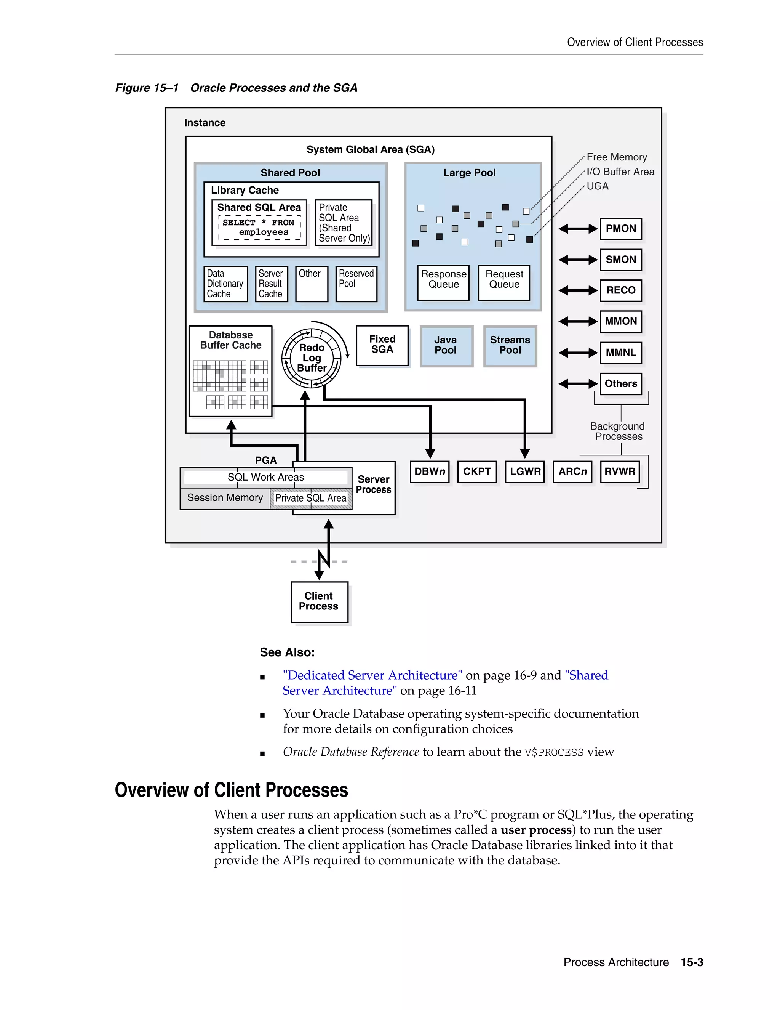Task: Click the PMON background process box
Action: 620,228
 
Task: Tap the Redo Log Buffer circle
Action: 312,358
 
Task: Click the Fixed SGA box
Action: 382,345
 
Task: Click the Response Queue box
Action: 443,282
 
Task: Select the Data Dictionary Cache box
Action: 225,284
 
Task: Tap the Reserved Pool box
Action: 356,283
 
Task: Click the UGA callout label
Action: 598,186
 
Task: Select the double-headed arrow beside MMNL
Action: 578,353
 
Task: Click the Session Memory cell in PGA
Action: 225,498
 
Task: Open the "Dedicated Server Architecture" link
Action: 372,675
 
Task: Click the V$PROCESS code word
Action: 553,752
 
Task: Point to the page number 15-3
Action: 691,962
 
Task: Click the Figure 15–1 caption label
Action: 147,88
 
